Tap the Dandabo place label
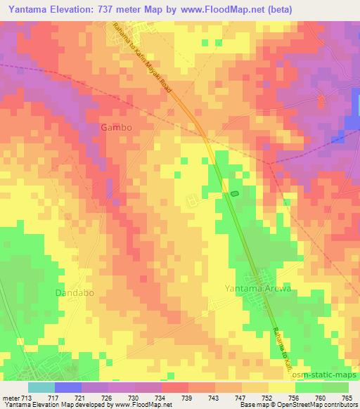75,292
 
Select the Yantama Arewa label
257,289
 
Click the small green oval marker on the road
234,193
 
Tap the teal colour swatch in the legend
41,387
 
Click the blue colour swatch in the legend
68,387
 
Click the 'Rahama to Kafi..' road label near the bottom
281,336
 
